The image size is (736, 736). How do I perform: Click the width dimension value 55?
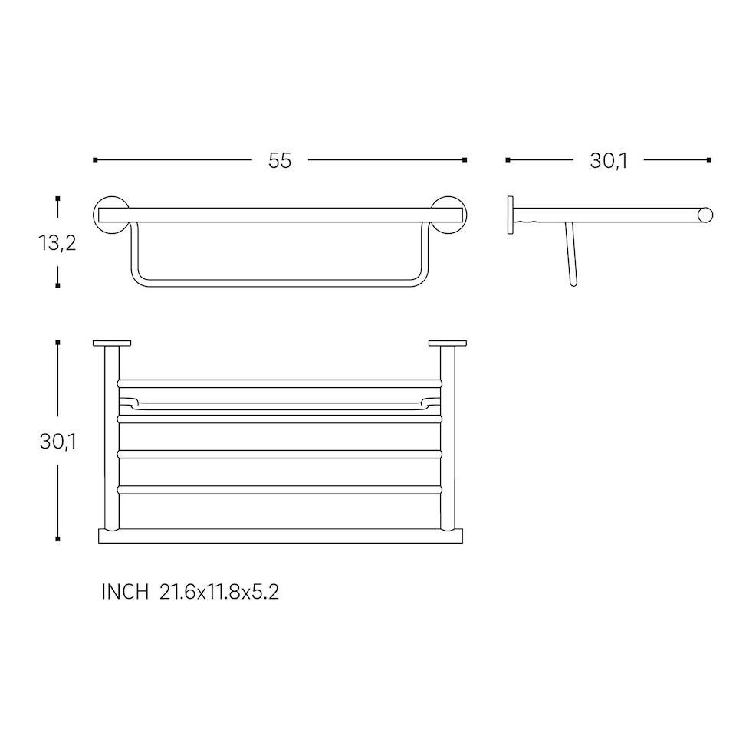(x=280, y=161)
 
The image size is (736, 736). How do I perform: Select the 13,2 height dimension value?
(x=58, y=243)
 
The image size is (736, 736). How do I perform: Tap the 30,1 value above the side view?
(x=609, y=161)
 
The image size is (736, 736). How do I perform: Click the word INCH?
(x=125, y=593)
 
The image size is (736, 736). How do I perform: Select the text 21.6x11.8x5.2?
(x=219, y=593)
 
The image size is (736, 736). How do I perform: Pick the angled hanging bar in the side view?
(x=570, y=255)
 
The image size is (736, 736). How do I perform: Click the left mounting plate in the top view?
(x=112, y=343)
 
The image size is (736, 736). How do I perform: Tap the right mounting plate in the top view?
(x=448, y=343)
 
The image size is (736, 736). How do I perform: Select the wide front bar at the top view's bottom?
(x=281, y=536)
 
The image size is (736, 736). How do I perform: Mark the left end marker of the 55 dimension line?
(x=95, y=160)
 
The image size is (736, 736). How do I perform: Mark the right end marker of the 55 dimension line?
(x=465, y=160)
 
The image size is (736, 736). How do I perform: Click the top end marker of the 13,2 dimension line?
(x=58, y=199)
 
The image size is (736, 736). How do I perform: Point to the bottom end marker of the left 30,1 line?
(x=58, y=540)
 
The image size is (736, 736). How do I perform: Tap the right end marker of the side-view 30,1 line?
(x=709, y=160)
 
